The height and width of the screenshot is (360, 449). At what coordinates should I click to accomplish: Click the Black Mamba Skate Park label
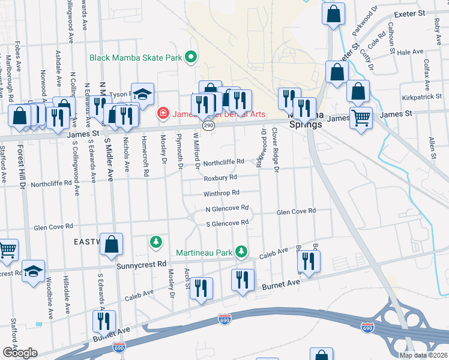pos(136,58)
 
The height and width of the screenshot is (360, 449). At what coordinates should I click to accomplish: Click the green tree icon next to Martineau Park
pos(241,251)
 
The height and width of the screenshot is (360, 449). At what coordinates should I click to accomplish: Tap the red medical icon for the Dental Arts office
pos(162,113)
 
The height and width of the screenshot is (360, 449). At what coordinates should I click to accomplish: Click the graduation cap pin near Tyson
pos(142,95)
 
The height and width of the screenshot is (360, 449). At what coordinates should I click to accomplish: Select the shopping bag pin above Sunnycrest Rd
pos(112,244)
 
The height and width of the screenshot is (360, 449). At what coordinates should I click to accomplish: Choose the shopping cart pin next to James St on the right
pos(361,118)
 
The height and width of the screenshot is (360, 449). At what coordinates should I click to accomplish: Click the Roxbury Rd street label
pos(220,178)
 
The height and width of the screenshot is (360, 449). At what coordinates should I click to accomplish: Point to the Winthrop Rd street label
pos(221,193)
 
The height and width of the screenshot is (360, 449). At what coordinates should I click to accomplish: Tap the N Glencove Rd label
pos(227,209)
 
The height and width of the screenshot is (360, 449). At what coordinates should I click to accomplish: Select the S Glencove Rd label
pos(227,223)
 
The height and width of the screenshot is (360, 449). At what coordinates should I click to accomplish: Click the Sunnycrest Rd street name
pos(142,264)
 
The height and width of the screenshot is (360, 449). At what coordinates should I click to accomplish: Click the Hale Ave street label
pos(411,53)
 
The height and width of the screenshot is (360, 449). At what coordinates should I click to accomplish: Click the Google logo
pos(19,353)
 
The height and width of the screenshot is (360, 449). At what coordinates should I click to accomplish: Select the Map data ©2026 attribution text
pos(423,355)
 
